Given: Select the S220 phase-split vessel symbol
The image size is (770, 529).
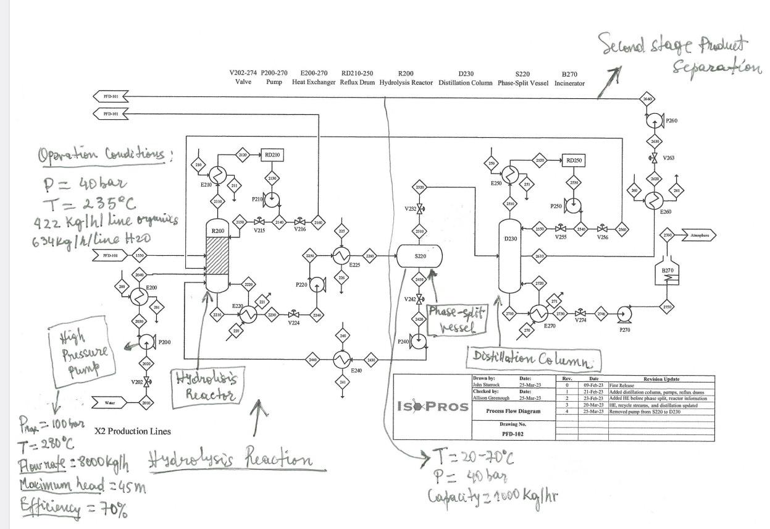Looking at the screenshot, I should [x=419, y=256].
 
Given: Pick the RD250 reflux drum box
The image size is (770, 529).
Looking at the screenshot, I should [x=574, y=161].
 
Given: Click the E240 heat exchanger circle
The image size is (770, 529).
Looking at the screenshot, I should [x=341, y=359].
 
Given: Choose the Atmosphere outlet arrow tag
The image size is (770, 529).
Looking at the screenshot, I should [x=698, y=235].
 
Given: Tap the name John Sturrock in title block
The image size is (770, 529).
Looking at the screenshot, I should [x=487, y=384].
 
